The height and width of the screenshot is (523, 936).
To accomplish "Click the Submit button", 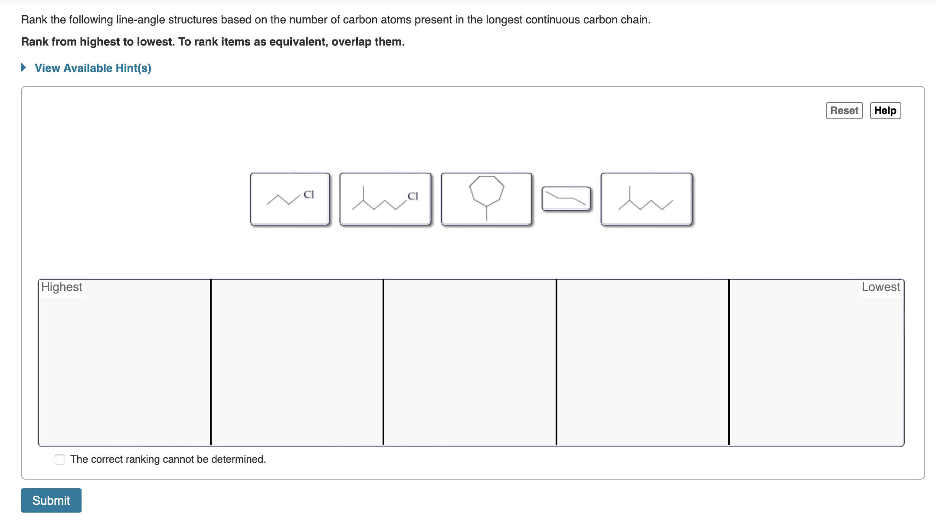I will pos(51,500).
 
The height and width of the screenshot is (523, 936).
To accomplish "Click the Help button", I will pos(885,111).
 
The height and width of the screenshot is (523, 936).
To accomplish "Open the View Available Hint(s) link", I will pos(93,68).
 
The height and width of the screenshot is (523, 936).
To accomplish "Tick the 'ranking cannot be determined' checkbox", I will pos(60,460).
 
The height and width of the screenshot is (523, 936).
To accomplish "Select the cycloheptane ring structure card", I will pos(486,199).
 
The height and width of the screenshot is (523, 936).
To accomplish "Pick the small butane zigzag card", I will pos(566,199).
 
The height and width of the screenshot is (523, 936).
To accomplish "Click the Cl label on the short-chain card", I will pos(308,194).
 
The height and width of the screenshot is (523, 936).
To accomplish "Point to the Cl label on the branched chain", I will pos(412,196).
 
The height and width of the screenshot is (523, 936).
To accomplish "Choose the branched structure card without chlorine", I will pos(646,199).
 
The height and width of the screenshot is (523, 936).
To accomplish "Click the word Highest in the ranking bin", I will pos(62,287).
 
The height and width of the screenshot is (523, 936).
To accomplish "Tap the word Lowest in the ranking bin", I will pos(880,287).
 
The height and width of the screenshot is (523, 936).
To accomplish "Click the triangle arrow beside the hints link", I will pos(24,68).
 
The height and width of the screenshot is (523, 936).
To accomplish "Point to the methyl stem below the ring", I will pos(486,213).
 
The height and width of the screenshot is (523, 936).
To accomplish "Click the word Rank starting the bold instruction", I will pos(35,42).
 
